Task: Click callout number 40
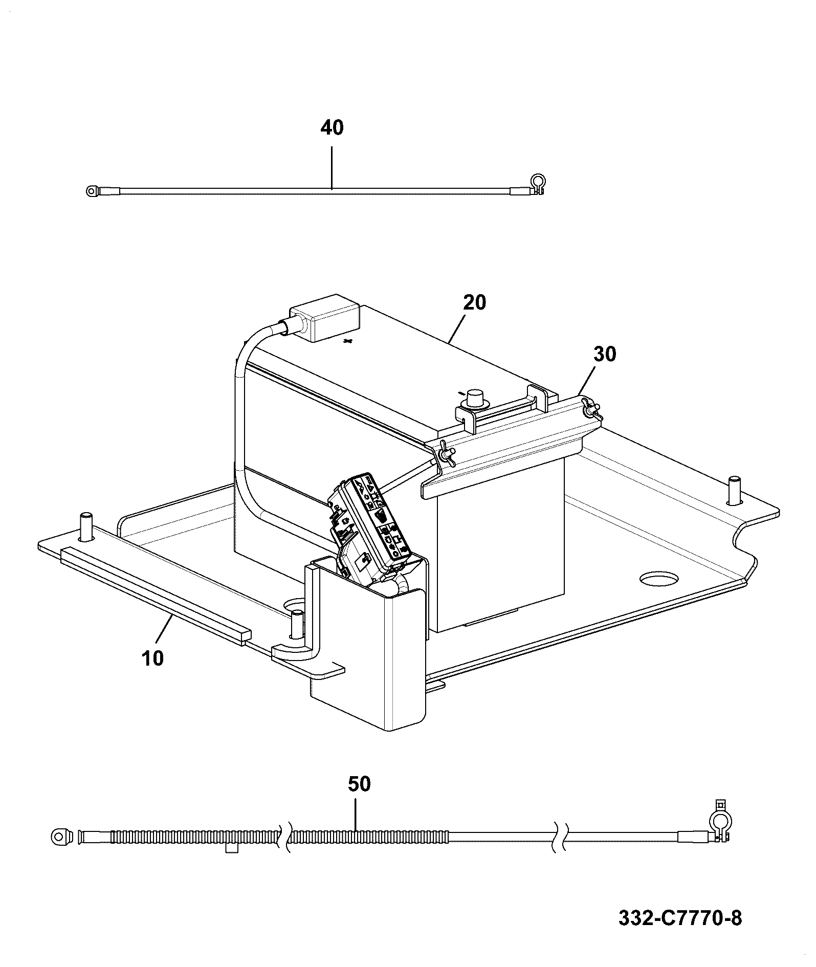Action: coord(332,128)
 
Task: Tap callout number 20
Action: coord(474,302)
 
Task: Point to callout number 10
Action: coord(152,658)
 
